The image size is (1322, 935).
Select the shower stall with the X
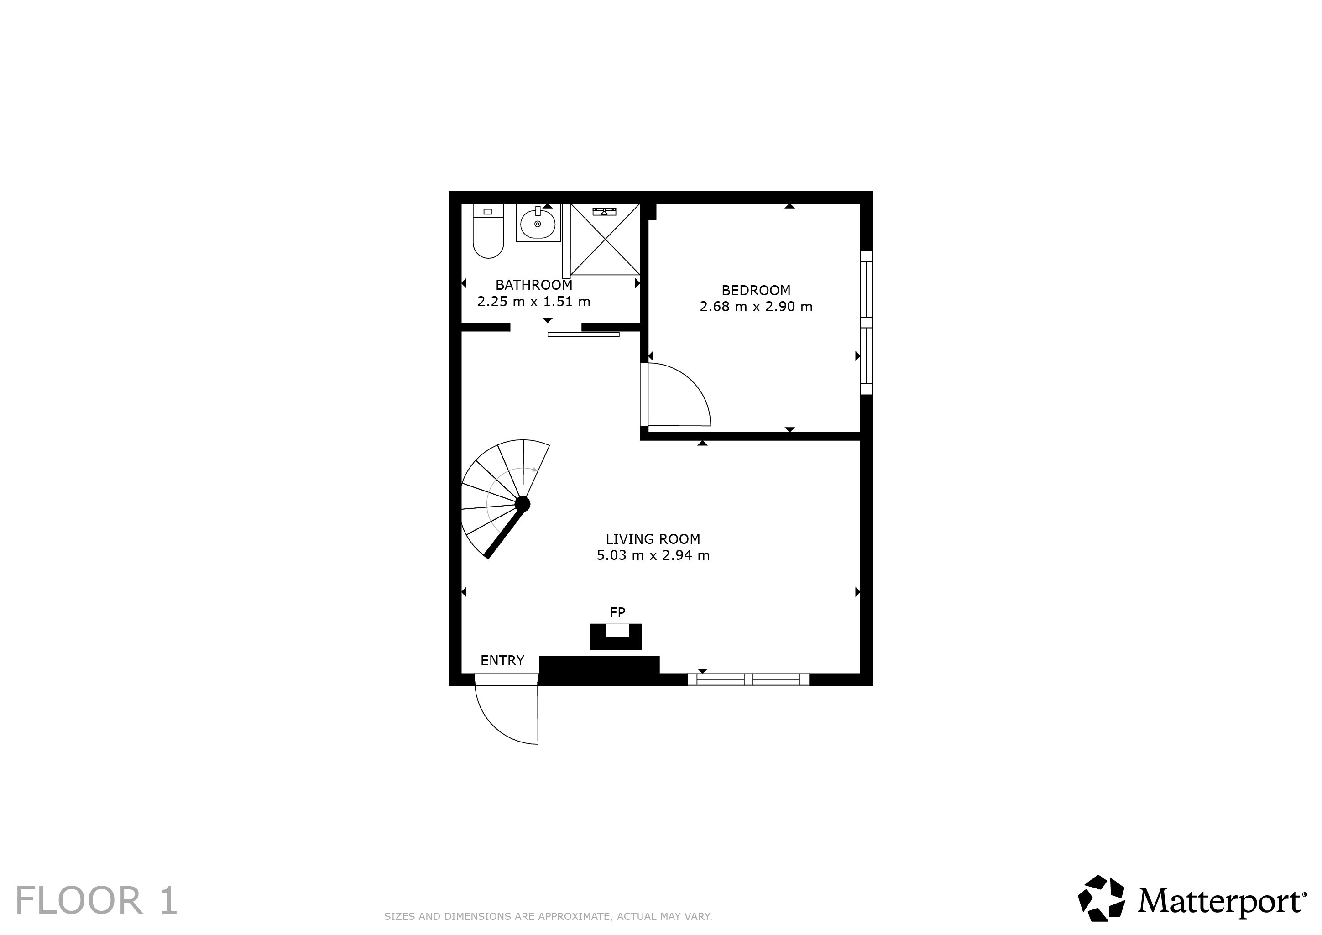(x=605, y=239)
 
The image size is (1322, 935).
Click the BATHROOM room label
(x=534, y=285)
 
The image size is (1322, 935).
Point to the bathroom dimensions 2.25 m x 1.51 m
(x=534, y=302)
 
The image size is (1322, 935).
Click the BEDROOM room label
(x=756, y=290)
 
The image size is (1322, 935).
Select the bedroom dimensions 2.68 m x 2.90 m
(x=756, y=307)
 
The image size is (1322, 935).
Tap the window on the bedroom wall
(x=866, y=323)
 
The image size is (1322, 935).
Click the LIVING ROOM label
(x=653, y=539)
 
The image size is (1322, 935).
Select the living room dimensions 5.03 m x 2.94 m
(x=653, y=556)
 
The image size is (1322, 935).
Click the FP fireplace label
(x=617, y=612)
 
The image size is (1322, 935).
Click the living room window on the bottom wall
(x=748, y=679)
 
